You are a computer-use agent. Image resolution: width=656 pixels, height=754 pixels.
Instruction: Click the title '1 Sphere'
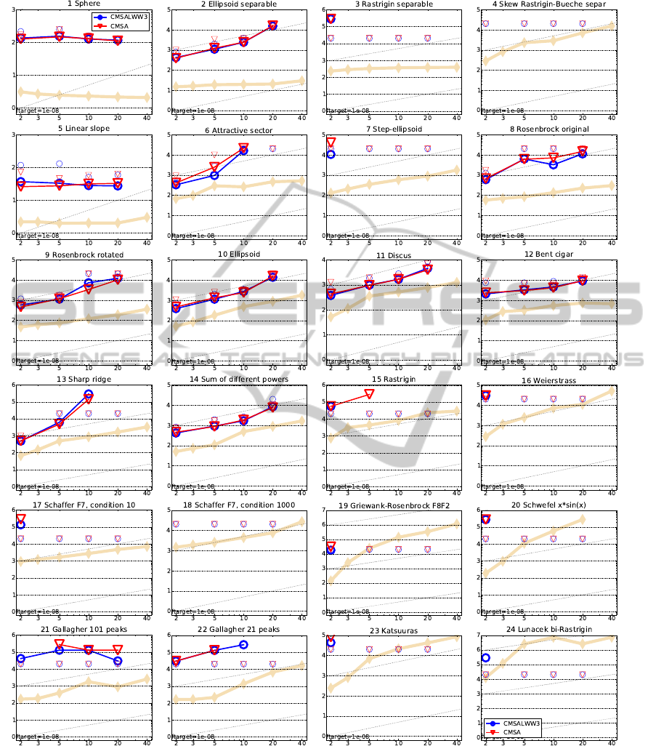point(83,4)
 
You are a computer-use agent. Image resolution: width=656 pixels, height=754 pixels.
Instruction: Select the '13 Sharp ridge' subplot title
point(83,380)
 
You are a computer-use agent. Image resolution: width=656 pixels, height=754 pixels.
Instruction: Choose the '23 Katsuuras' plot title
point(394,630)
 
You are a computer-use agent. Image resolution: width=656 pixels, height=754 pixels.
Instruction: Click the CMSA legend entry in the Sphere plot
point(120,25)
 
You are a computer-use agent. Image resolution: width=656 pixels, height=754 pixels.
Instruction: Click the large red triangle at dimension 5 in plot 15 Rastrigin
point(369,393)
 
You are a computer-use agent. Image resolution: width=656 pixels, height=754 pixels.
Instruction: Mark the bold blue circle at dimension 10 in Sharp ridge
point(89,394)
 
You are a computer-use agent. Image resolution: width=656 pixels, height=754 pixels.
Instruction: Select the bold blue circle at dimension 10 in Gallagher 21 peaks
point(244,645)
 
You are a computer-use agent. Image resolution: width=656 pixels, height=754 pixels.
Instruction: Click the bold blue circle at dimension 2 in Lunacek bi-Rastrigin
point(486,657)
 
